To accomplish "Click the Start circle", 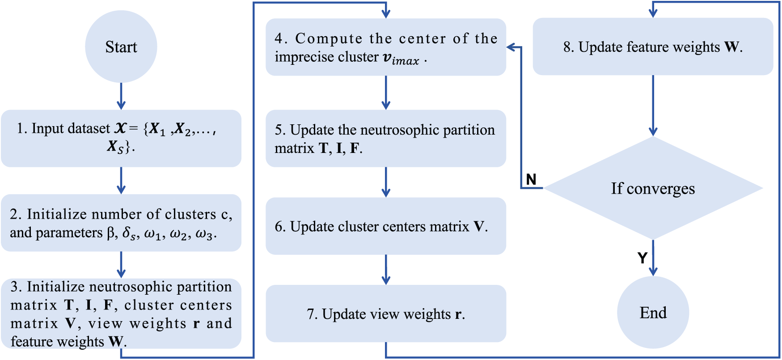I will click(121, 47).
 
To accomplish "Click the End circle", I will click(653, 312).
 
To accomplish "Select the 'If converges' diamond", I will click(653, 188).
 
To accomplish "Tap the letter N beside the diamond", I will click(531, 179).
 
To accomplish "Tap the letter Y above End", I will click(642, 258).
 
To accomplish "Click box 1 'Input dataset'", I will click(121, 138).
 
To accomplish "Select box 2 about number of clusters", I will click(121, 223).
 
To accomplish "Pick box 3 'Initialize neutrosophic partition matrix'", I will click(121, 313).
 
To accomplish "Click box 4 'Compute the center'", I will click(385, 47).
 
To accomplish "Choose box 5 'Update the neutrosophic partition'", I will click(385, 138).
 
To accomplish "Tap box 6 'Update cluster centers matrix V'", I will click(385, 226).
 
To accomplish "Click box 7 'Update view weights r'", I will click(385, 313).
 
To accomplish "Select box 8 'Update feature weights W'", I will click(653, 47).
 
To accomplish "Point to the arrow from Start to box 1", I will click(121, 96).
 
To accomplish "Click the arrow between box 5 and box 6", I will click(386, 182).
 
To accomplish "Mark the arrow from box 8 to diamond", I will click(653, 106).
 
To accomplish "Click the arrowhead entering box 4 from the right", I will click(511, 47).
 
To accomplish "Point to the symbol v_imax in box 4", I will click(401, 59).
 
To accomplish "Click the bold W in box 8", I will click(731, 47).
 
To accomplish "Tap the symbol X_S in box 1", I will click(115, 147).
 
